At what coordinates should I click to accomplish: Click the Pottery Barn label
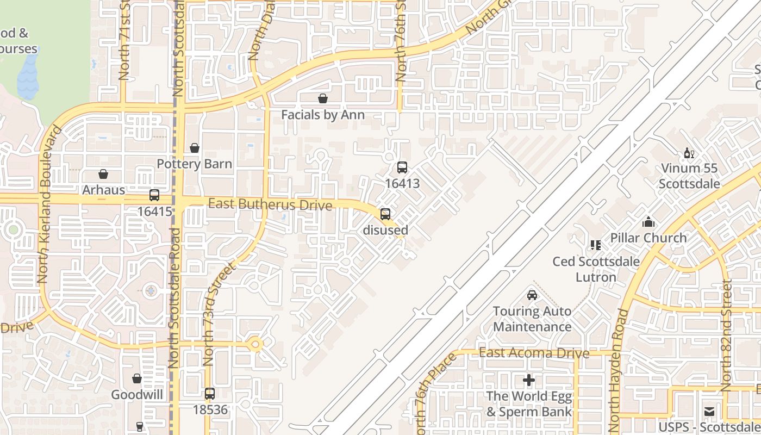(x=194, y=164)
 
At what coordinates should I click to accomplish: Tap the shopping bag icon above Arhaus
(x=103, y=175)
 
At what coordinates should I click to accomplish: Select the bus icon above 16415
(x=154, y=195)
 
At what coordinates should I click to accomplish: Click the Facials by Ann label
(x=322, y=115)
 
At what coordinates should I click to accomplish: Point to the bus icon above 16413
(x=402, y=167)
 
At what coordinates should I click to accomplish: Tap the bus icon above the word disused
(x=385, y=214)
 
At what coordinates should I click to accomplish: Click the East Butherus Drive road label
(x=270, y=204)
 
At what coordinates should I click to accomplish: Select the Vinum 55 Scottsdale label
(x=689, y=176)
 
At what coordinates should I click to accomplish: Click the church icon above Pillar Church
(x=648, y=222)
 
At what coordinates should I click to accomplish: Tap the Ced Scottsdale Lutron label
(x=596, y=269)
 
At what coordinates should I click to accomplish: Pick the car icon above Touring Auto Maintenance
(x=532, y=295)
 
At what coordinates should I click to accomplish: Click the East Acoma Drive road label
(x=534, y=353)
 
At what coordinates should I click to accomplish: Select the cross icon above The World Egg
(x=528, y=380)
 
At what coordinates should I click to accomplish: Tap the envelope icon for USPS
(x=709, y=412)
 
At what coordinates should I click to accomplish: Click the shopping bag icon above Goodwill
(x=137, y=378)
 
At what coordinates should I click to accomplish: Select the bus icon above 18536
(x=210, y=394)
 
